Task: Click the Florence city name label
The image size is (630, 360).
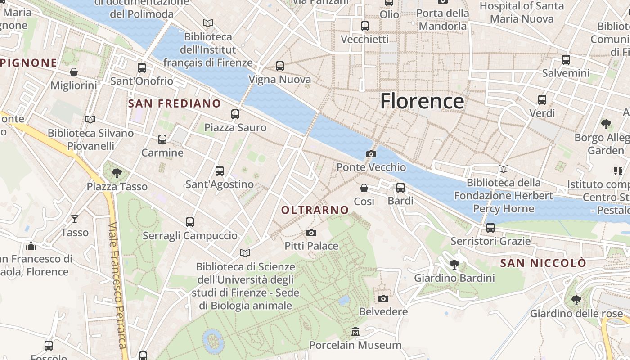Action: point(422,101)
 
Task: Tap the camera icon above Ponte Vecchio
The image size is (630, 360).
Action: point(371,154)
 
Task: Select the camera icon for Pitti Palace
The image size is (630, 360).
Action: point(311,233)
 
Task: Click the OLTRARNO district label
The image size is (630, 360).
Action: point(315,210)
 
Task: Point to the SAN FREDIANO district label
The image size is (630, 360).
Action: point(175,104)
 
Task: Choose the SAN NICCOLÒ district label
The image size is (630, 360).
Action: point(544,263)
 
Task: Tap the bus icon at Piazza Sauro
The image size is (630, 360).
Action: point(235,114)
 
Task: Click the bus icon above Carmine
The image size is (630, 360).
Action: point(162,139)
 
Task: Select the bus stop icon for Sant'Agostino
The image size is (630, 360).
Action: point(220,171)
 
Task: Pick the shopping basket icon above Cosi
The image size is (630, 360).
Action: point(364,188)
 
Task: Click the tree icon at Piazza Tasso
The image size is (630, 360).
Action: point(117,173)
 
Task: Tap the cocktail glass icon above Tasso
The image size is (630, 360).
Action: point(75,219)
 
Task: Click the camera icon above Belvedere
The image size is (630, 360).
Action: point(383,298)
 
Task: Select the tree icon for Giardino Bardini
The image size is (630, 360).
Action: point(454,265)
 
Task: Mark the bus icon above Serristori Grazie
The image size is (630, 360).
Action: point(490,228)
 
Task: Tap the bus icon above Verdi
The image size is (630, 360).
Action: point(542,100)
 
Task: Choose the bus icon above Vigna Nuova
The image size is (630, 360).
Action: point(280,66)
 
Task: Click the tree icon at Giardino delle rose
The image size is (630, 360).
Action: point(576,300)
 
